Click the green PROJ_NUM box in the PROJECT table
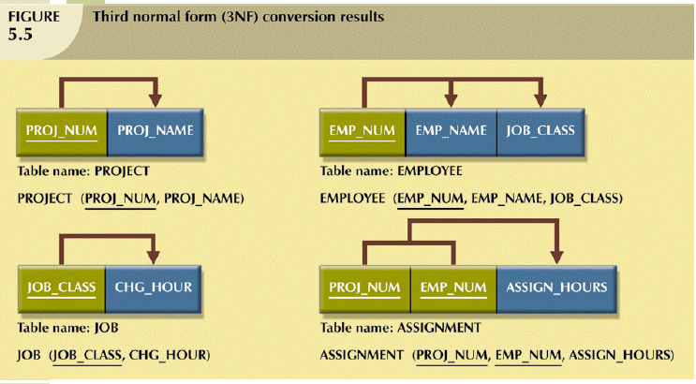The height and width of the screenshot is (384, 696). [x=62, y=131]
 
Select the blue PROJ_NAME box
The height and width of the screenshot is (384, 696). [x=155, y=131]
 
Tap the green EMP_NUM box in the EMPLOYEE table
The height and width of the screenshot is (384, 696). [x=363, y=131]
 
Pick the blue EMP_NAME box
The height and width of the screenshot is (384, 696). [x=451, y=131]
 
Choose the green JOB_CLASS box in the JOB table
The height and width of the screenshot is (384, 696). [x=62, y=288]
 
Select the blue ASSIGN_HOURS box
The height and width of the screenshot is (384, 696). [x=556, y=288]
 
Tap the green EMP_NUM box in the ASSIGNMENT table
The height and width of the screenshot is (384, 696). [x=452, y=288]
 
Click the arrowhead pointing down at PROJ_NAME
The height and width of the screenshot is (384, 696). [x=155, y=97]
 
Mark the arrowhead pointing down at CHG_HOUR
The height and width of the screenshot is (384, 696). [x=155, y=254]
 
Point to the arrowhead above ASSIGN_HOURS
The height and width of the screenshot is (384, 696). [x=559, y=254]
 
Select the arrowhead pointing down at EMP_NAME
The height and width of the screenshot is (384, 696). [x=451, y=97]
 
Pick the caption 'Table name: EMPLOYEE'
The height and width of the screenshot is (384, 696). [x=391, y=171]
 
